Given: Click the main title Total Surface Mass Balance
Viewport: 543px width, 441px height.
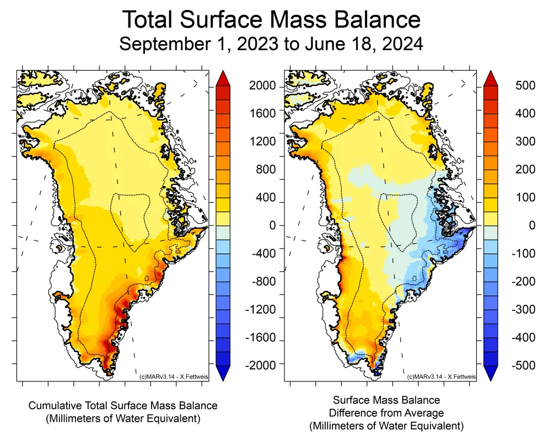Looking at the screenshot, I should tap(271, 20).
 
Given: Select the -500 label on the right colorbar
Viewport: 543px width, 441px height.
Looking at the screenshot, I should tap(521, 364).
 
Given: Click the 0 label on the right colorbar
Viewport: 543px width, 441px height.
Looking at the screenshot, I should tap(526, 225).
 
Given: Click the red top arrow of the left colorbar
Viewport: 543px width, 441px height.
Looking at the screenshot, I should tap(222, 78).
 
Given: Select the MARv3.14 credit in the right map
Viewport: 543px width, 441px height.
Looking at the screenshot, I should tap(440, 376).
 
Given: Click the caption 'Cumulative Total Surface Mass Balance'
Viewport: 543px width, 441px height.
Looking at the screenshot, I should tap(123, 406).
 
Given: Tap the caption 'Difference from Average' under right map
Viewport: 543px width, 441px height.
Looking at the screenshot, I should tap(386, 412).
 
